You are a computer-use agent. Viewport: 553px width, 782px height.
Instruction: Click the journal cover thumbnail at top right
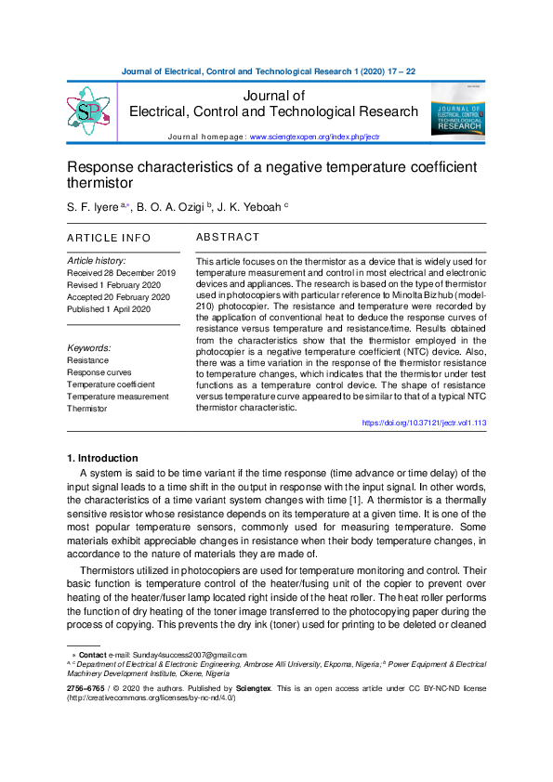(x=457, y=111)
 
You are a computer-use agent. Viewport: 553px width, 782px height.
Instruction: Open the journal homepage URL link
(x=314, y=137)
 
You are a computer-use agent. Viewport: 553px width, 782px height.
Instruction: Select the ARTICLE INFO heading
(x=109, y=239)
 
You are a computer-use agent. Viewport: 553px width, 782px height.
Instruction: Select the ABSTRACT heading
(x=228, y=238)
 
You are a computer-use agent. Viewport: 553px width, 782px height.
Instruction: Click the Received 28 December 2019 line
(x=122, y=273)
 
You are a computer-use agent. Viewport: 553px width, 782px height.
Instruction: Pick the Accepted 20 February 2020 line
(x=119, y=297)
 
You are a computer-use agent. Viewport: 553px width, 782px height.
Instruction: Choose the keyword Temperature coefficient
(x=111, y=384)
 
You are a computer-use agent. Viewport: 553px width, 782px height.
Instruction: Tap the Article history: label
(x=97, y=261)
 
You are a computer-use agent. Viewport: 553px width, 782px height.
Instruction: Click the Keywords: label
(x=89, y=347)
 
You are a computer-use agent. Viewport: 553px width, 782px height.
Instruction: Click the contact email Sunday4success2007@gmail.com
(x=189, y=655)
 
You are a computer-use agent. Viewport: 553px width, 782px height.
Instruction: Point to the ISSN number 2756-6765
(x=85, y=688)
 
